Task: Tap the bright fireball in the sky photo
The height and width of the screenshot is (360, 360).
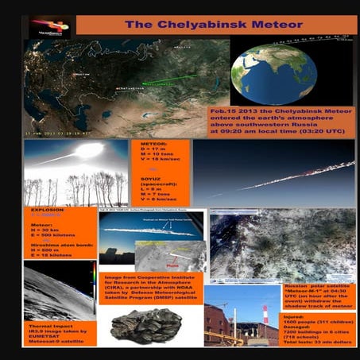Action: click(87, 150)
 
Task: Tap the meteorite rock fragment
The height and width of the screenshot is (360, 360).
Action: click(147, 324)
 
